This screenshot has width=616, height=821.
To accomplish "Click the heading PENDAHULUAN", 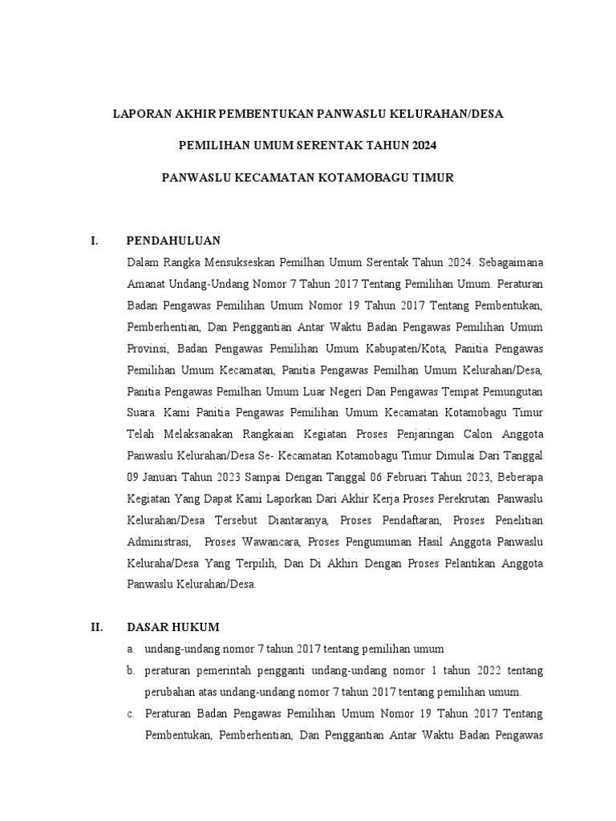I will pyautogui.click(x=173, y=241).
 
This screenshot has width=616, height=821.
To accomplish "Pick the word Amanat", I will pyautogui.click(x=146, y=284).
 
